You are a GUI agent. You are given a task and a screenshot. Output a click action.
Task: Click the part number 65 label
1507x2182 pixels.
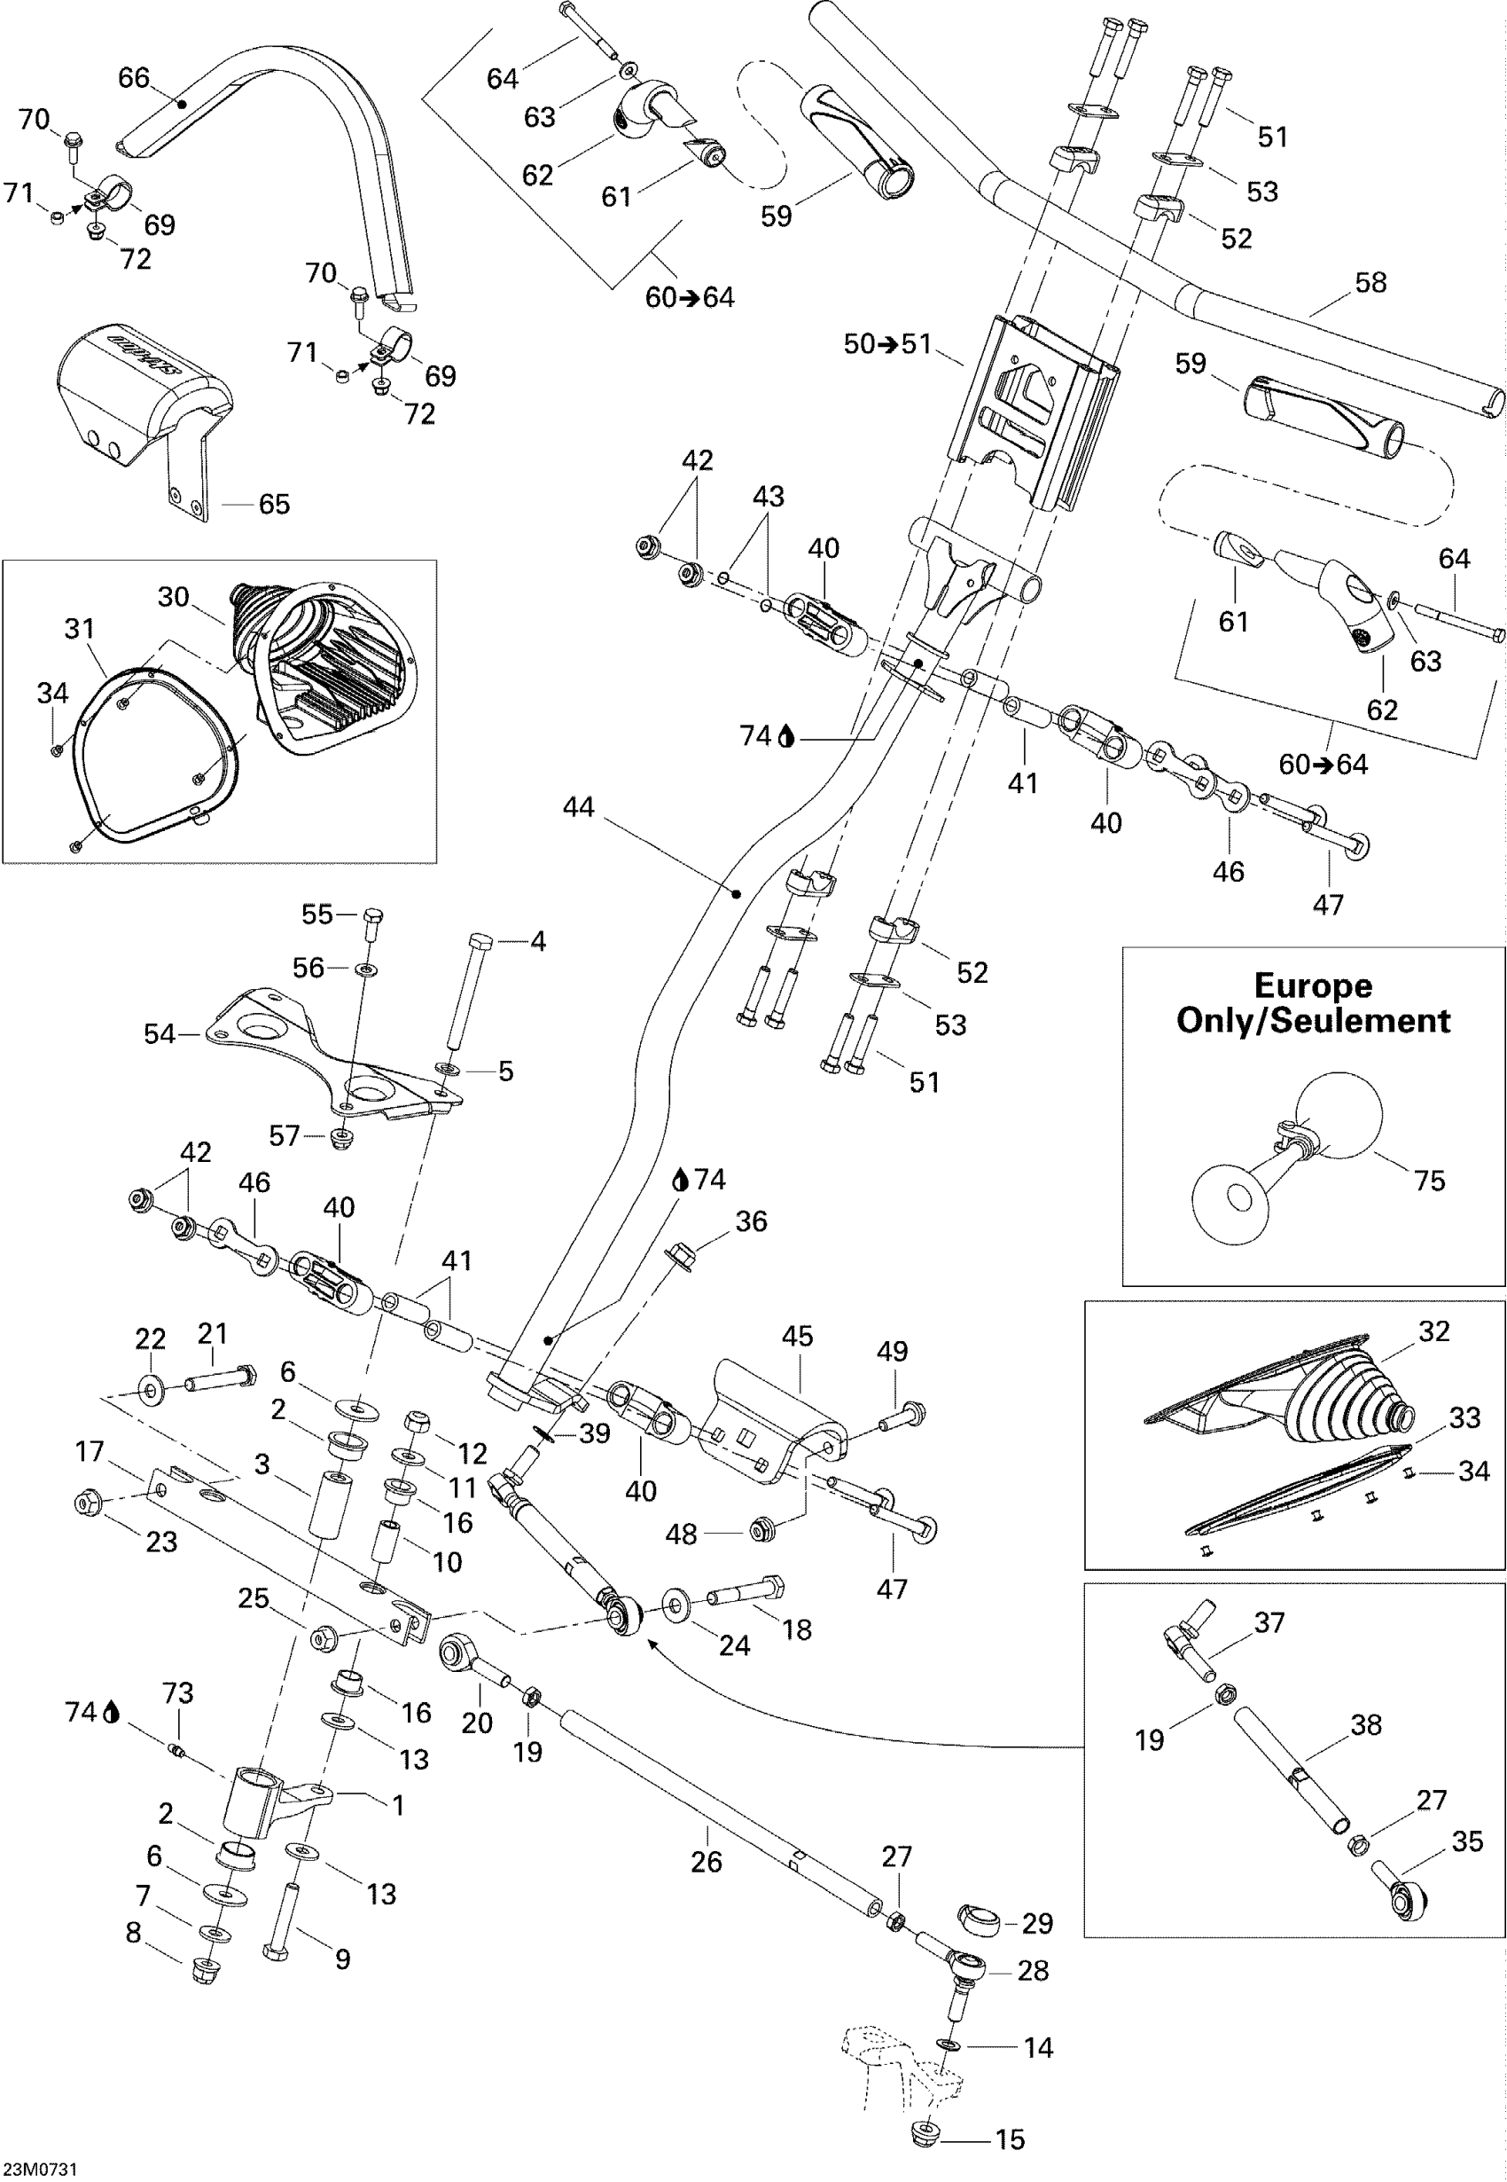point(274,504)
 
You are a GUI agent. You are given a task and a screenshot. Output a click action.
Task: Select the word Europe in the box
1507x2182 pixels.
point(1313,985)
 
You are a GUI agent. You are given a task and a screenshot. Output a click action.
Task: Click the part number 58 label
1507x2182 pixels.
point(1370,282)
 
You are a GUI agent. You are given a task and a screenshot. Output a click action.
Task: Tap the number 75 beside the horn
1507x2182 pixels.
point(1430,1181)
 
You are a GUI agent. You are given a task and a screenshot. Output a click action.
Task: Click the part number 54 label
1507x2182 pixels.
point(160,1034)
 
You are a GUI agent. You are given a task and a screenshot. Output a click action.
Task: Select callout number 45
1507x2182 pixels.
point(797,1337)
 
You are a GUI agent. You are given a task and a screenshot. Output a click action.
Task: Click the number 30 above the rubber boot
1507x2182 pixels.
point(174,597)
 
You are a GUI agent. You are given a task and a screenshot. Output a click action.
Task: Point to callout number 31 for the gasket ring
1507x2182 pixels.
point(79,628)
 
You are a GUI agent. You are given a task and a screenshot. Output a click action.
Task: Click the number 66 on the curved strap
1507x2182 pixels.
point(134,77)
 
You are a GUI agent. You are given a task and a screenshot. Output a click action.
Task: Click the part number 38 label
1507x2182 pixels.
point(1366,1725)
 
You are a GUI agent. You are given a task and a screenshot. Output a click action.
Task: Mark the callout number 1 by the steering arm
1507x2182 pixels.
point(398,1805)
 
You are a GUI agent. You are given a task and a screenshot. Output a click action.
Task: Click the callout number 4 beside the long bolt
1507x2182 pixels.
point(538,941)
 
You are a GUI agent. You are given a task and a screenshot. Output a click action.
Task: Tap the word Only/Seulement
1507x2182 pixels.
point(1313,1021)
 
